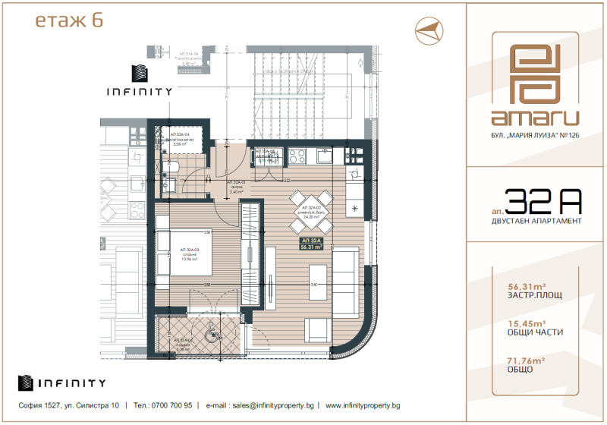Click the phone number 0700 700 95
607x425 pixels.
[x=171, y=406]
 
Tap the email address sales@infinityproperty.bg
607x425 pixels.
[x=263, y=406]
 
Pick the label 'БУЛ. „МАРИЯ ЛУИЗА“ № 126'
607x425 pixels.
[x=534, y=136]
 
